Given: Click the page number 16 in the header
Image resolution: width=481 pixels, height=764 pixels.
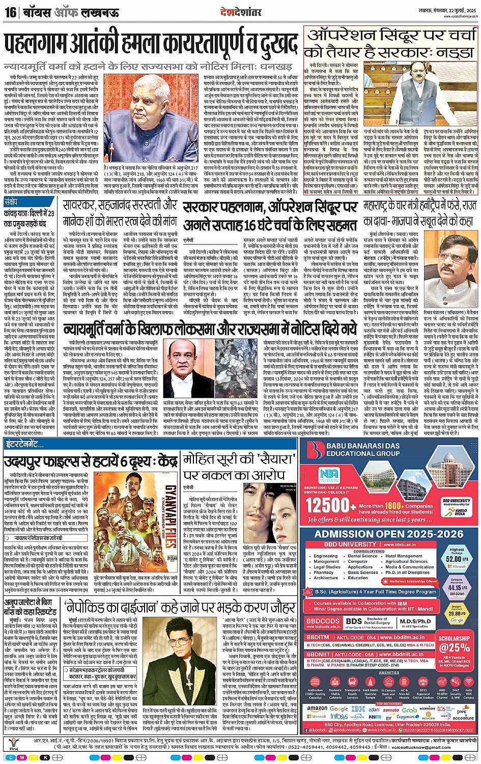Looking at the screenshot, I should click(10, 12).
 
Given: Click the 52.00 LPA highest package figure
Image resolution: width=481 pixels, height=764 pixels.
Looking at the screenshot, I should click(456, 559).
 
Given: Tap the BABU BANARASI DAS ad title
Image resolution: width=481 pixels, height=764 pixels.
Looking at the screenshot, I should click(363, 446).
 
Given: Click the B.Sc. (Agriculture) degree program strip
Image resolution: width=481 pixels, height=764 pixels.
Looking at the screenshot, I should click(375, 592).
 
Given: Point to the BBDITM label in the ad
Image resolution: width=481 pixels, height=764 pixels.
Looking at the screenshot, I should click(318, 637).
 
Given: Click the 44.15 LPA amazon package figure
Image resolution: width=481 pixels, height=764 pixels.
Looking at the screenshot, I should click(456, 588).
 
